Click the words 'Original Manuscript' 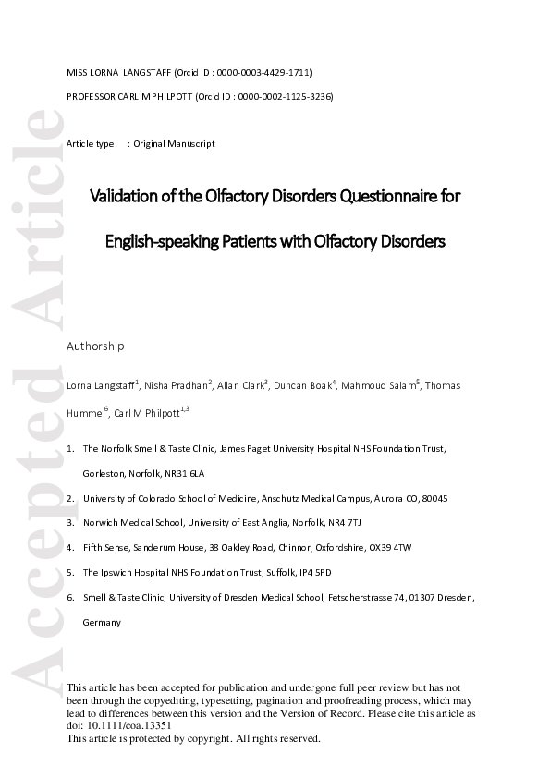click(174, 144)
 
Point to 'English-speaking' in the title click(160, 242)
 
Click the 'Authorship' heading click(95, 346)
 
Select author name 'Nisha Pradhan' click(177, 384)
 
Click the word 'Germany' click(102, 623)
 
